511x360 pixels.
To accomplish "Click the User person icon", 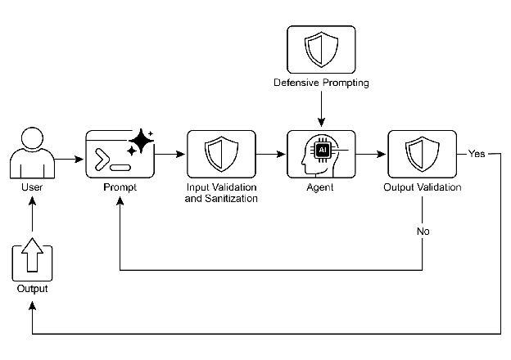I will click(30, 153).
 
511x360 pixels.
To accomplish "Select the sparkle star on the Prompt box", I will click(141, 141).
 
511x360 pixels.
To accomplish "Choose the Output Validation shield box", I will click(422, 154).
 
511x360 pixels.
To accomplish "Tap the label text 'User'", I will click(31, 188).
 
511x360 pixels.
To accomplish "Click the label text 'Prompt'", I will click(120, 188).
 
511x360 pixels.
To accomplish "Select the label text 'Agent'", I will click(321, 188).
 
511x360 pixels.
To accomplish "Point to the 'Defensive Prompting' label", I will click(321, 83).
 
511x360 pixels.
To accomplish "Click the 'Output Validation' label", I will click(422, 188).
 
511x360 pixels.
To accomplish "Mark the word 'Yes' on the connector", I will click(477, 154).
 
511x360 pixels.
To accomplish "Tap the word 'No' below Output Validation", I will click(423, 231).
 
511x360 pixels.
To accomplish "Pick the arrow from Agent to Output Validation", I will click(371, 154).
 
